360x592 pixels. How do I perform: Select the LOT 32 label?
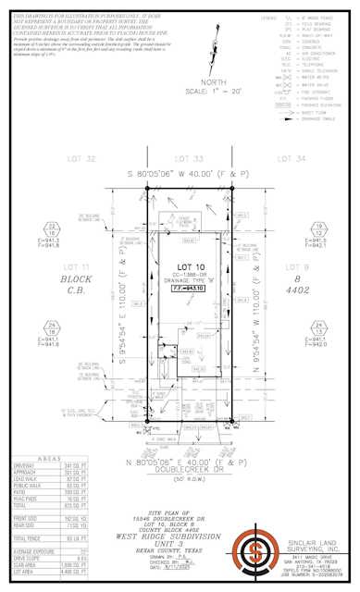pos(83,159)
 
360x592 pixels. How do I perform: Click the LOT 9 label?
pos(304,266)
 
